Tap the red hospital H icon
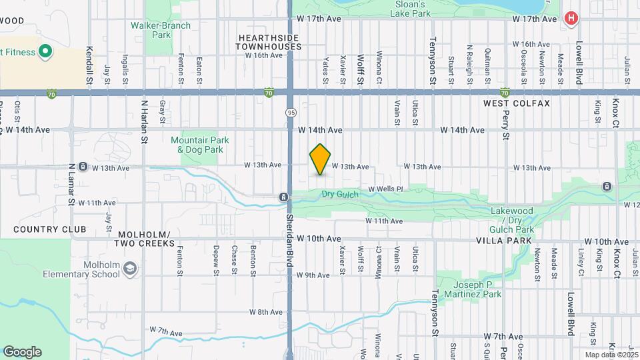(571, 19)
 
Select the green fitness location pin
(45, 51)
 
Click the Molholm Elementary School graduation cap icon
(131, 269)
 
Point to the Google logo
(22, 352)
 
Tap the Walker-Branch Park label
(161, 30)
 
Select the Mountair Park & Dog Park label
(200, 145)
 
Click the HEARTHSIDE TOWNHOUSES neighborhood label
(269, 43)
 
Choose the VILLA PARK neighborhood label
(504, 240)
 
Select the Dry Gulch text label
(340, 195)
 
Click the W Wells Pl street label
(386, 189)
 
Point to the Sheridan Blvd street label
(290, 240)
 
